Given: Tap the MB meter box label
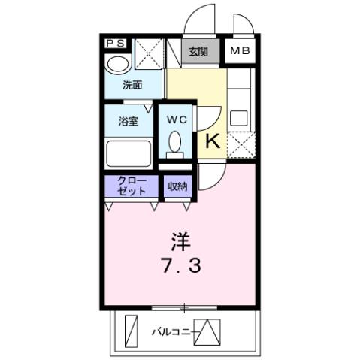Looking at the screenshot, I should pyautogui.click(x=241, y=52).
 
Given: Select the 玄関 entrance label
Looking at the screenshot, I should pyautogui.click(x=198, y=52).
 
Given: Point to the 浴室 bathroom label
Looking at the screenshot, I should pyautogui.click(x=128, y=121).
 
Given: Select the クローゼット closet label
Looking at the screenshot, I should pyautogui.click(x=131, y=185).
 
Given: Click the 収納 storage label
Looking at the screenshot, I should pyautogui.click(x=177, y=186).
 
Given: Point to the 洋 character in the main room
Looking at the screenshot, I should pyautogui.click(x=180, y=242).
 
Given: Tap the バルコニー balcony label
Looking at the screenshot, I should pyautogui.click(x=171, y=331).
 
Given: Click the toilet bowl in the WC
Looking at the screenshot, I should pyautogui.click(x=175, y=142).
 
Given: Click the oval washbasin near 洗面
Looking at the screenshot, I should pyautogui.click(x=117, y=64).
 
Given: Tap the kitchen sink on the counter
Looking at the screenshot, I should pyautogui.click(x=240, y=118).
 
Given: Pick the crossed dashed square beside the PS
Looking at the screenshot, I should pyautogui.click(x=147, y=53).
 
